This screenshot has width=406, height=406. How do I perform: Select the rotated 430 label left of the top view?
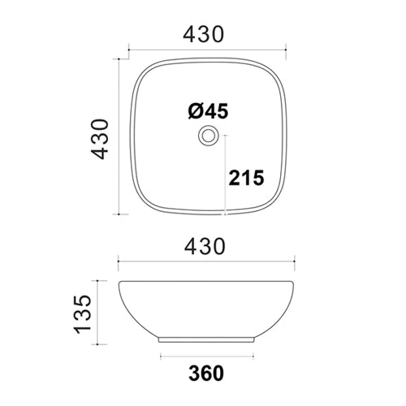[x=99, y=138]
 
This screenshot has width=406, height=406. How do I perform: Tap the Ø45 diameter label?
[x=206, y=111]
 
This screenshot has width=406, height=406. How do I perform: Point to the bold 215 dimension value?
[x=247, y=177]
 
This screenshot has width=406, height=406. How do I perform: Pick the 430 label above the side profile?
[x=207, y=244]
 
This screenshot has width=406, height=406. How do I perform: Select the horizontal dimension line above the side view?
[x=207, y=261]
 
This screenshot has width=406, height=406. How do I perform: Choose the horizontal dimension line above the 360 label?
[x=208, y=356]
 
